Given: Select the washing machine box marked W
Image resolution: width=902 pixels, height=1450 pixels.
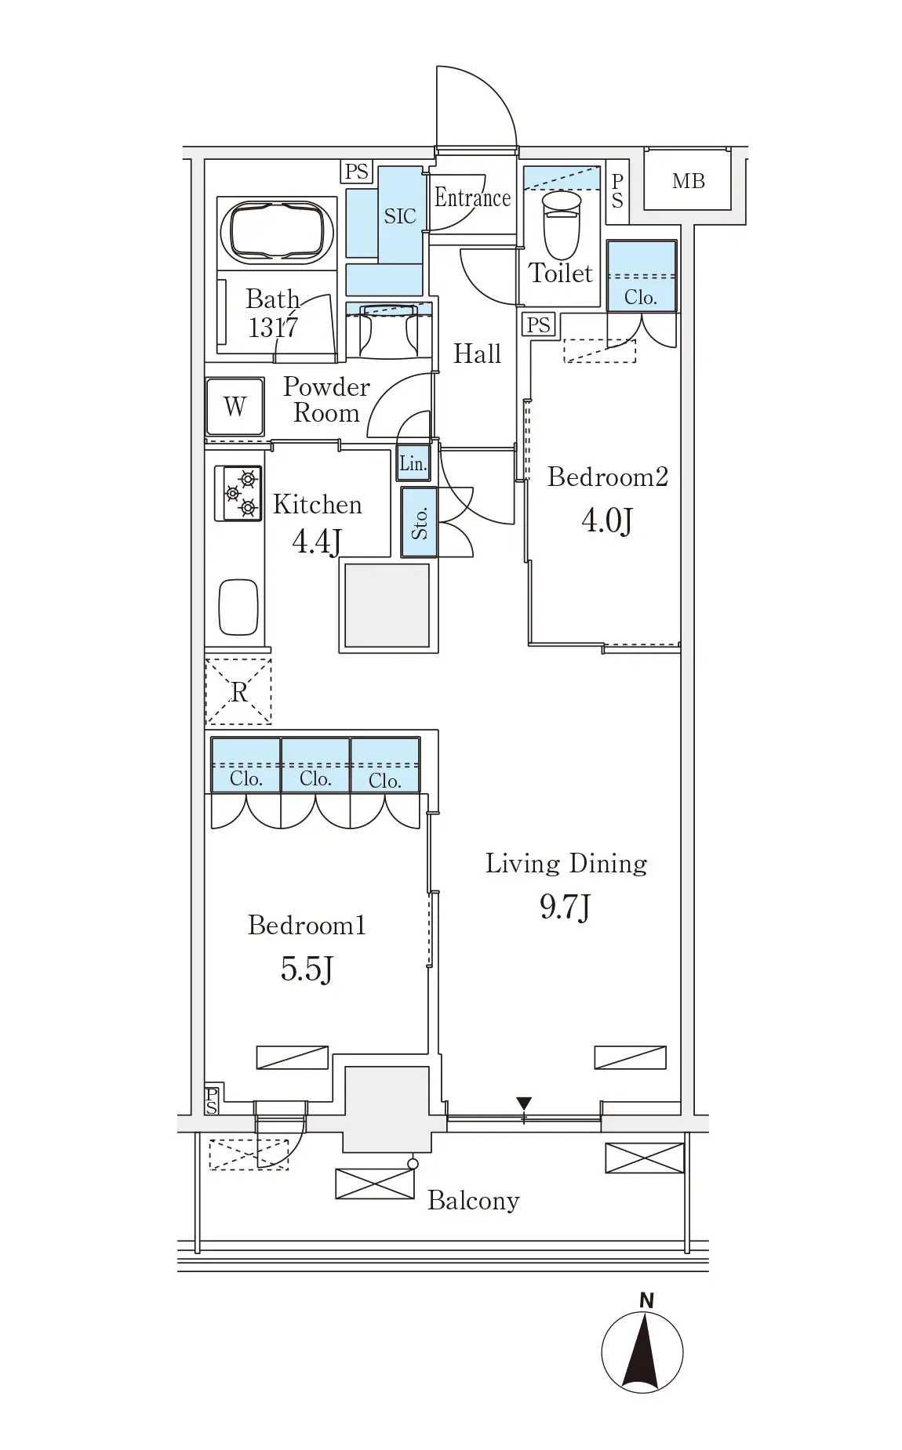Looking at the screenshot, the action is click(x=235, y=407).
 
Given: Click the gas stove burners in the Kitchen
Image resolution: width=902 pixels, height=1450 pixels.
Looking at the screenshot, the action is click(x=239, y=494).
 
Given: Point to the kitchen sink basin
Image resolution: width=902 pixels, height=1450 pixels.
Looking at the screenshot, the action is click(x=238, y=607).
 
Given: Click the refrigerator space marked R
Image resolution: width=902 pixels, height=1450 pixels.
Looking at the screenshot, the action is click(x=238, y=691).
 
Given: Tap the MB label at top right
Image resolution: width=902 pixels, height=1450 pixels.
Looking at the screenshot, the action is click(x=689, y=181).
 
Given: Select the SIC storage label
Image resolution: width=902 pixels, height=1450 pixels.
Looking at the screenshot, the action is click(x=400, y=216).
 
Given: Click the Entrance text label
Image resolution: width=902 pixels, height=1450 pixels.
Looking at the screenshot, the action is click(x=472, y=198).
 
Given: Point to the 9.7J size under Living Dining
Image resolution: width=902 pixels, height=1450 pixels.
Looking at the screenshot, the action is click(x=565, y=907).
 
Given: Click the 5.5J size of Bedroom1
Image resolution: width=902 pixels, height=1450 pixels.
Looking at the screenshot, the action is click(x=307, y=970).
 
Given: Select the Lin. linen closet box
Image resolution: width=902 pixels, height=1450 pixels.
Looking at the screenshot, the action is click(x=413, y=463).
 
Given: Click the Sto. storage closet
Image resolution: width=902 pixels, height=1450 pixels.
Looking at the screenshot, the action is click(x=420, y=522).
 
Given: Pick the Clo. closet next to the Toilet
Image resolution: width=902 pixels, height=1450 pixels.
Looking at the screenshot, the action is click(x=641, y=275).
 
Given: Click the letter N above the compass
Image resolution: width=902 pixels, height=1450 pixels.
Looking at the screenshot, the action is click(x=646, y=1301).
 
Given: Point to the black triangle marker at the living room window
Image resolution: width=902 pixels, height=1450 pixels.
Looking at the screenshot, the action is click(x=524, y=1103).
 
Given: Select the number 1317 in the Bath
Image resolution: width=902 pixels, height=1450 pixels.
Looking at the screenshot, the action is click(x=273, y=327).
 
